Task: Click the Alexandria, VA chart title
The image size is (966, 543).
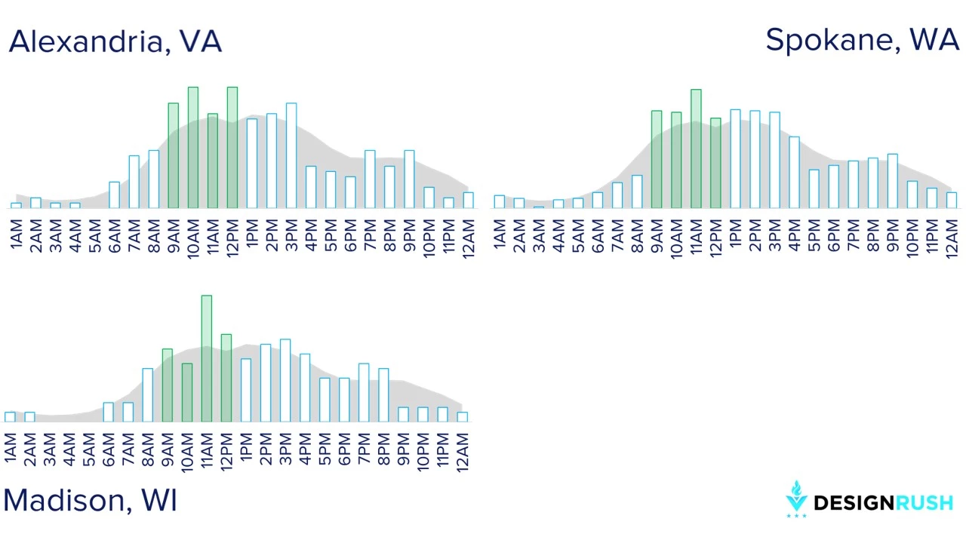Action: click(x=115, y=42)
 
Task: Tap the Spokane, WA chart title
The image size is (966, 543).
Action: click(x=862, y=41)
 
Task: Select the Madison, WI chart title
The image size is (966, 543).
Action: click(x=90, y=501)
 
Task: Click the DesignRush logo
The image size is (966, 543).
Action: click(x=869, y=499)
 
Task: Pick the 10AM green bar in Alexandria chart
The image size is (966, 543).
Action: click(x=193, y=148)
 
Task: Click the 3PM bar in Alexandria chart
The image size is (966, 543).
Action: click(x=291, y=155)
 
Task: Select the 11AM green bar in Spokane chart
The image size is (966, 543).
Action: click(x=696, y=149)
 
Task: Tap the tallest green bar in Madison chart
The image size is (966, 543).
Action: click(x=207, y=358)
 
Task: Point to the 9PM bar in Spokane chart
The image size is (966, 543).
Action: click(x=893, y=181)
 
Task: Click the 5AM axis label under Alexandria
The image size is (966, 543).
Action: click(x=95, y=236)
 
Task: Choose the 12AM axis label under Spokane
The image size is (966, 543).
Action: click(x=952, y=239)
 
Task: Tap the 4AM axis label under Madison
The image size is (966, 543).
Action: click(x=69, y=450)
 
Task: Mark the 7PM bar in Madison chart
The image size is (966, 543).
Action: click(x=364, y=393)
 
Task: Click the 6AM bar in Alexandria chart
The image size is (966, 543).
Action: click(x=114, y=195)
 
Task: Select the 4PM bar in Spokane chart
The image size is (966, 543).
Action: click(x=795, y=173)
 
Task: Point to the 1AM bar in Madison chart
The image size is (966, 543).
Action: click(x=10, y=417)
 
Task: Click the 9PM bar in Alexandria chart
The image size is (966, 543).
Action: click(x=409, y=179)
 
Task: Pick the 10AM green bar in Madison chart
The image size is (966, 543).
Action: click(x=187, y=393)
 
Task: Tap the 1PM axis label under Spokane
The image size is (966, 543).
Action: click(x=735, y=233)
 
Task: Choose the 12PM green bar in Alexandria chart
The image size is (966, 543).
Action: click(x=232, y=148)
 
